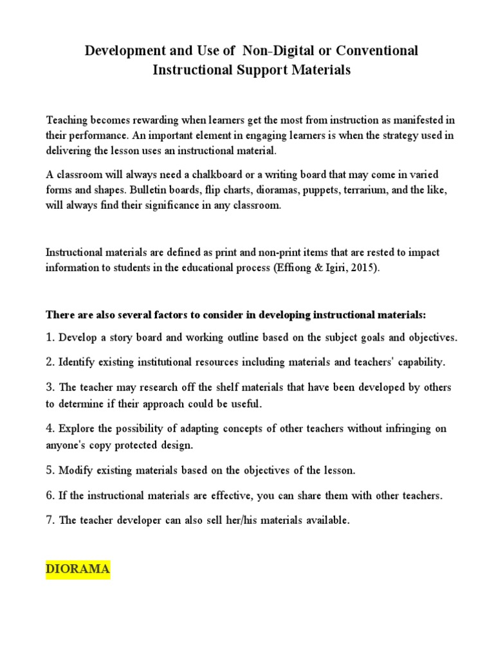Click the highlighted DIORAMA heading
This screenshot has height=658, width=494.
point(78,569)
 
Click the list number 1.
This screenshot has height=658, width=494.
point(49,337)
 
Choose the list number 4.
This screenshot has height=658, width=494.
point(49,429)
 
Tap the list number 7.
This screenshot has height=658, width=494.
point(49,520)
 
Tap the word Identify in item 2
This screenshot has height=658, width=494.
point(78,362)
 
